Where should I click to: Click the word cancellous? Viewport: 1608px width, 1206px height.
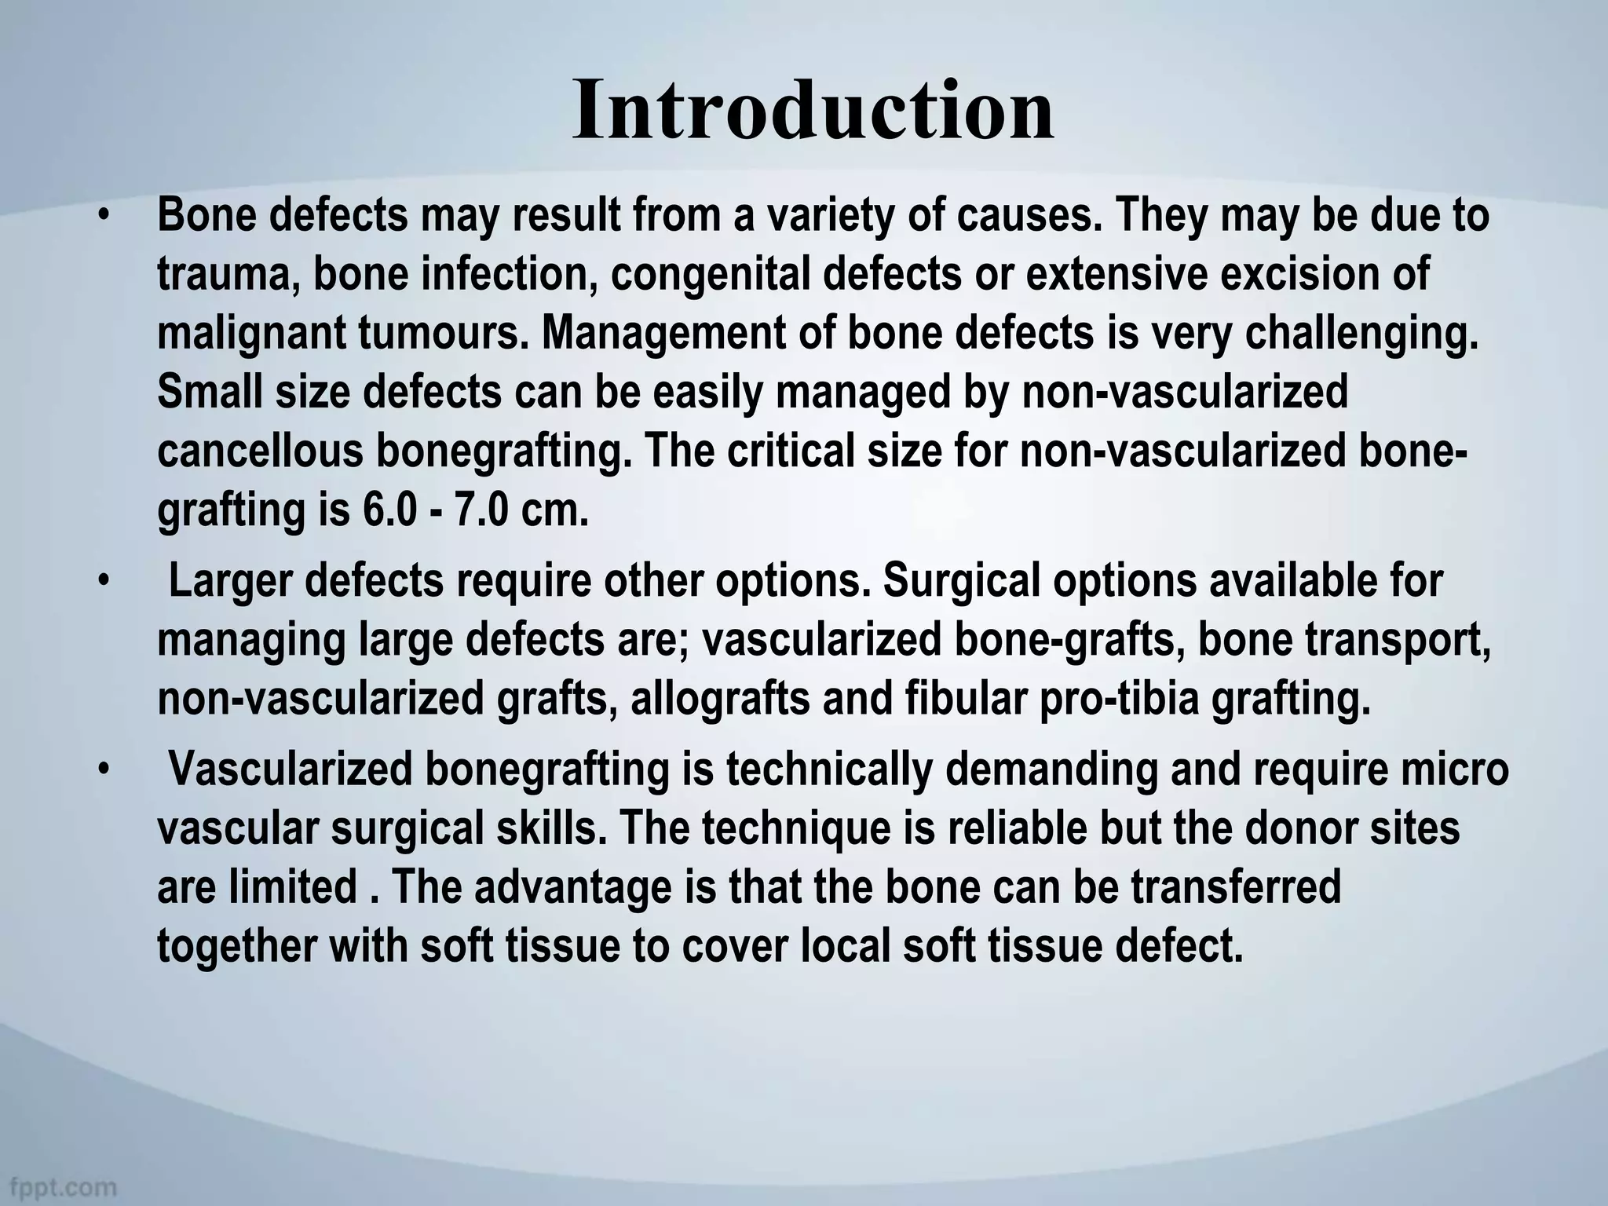click(260, 451)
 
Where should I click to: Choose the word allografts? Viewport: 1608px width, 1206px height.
click(719, 700)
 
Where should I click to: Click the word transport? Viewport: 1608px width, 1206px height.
click(1398, 641)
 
